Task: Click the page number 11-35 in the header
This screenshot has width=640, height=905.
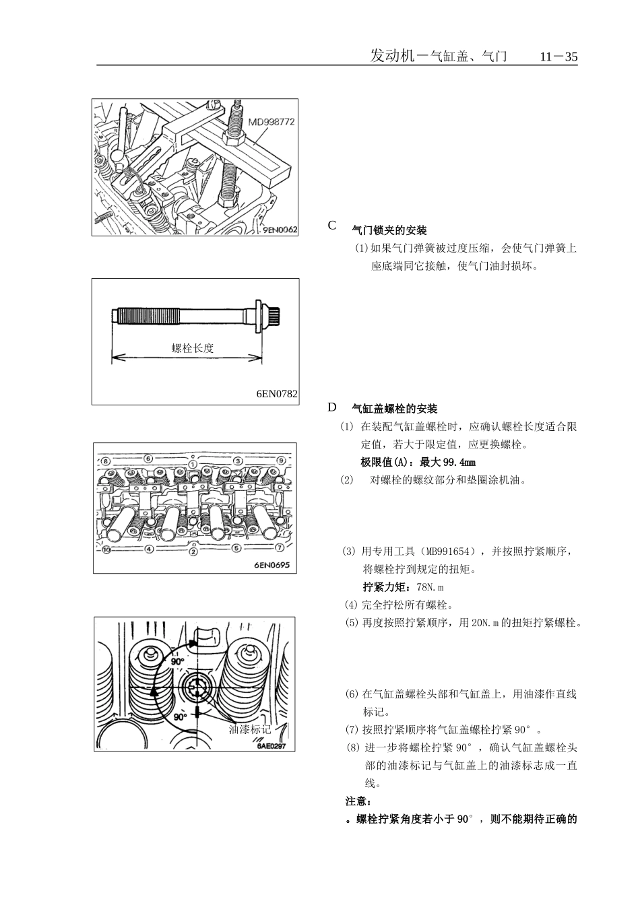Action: (x=558, y=57)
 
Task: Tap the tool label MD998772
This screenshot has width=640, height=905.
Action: (x=271, y=123)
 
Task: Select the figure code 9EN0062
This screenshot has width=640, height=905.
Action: (x=280, y=230)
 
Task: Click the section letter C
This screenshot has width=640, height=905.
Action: (x=332, y=226)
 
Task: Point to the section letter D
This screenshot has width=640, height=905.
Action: (x=332, y=407)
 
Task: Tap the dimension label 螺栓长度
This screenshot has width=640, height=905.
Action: (x=193, y=348)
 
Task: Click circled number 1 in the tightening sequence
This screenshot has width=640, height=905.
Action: (x=193, y=464)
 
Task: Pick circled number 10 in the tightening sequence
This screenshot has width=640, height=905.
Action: (x=106, y=549)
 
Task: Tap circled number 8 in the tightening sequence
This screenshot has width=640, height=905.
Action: (x=104, y=461)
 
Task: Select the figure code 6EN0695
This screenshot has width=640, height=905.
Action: (x=271, y=566)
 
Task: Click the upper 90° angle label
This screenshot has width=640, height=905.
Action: (x=177, y=662)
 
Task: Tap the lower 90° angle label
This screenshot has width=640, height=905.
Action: (x=180, y=717)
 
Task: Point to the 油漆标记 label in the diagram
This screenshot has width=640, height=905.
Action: (x=249, y=729)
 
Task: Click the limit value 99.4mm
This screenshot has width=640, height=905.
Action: (x=459, y=463)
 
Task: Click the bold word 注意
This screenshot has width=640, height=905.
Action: (x=357, y=801)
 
